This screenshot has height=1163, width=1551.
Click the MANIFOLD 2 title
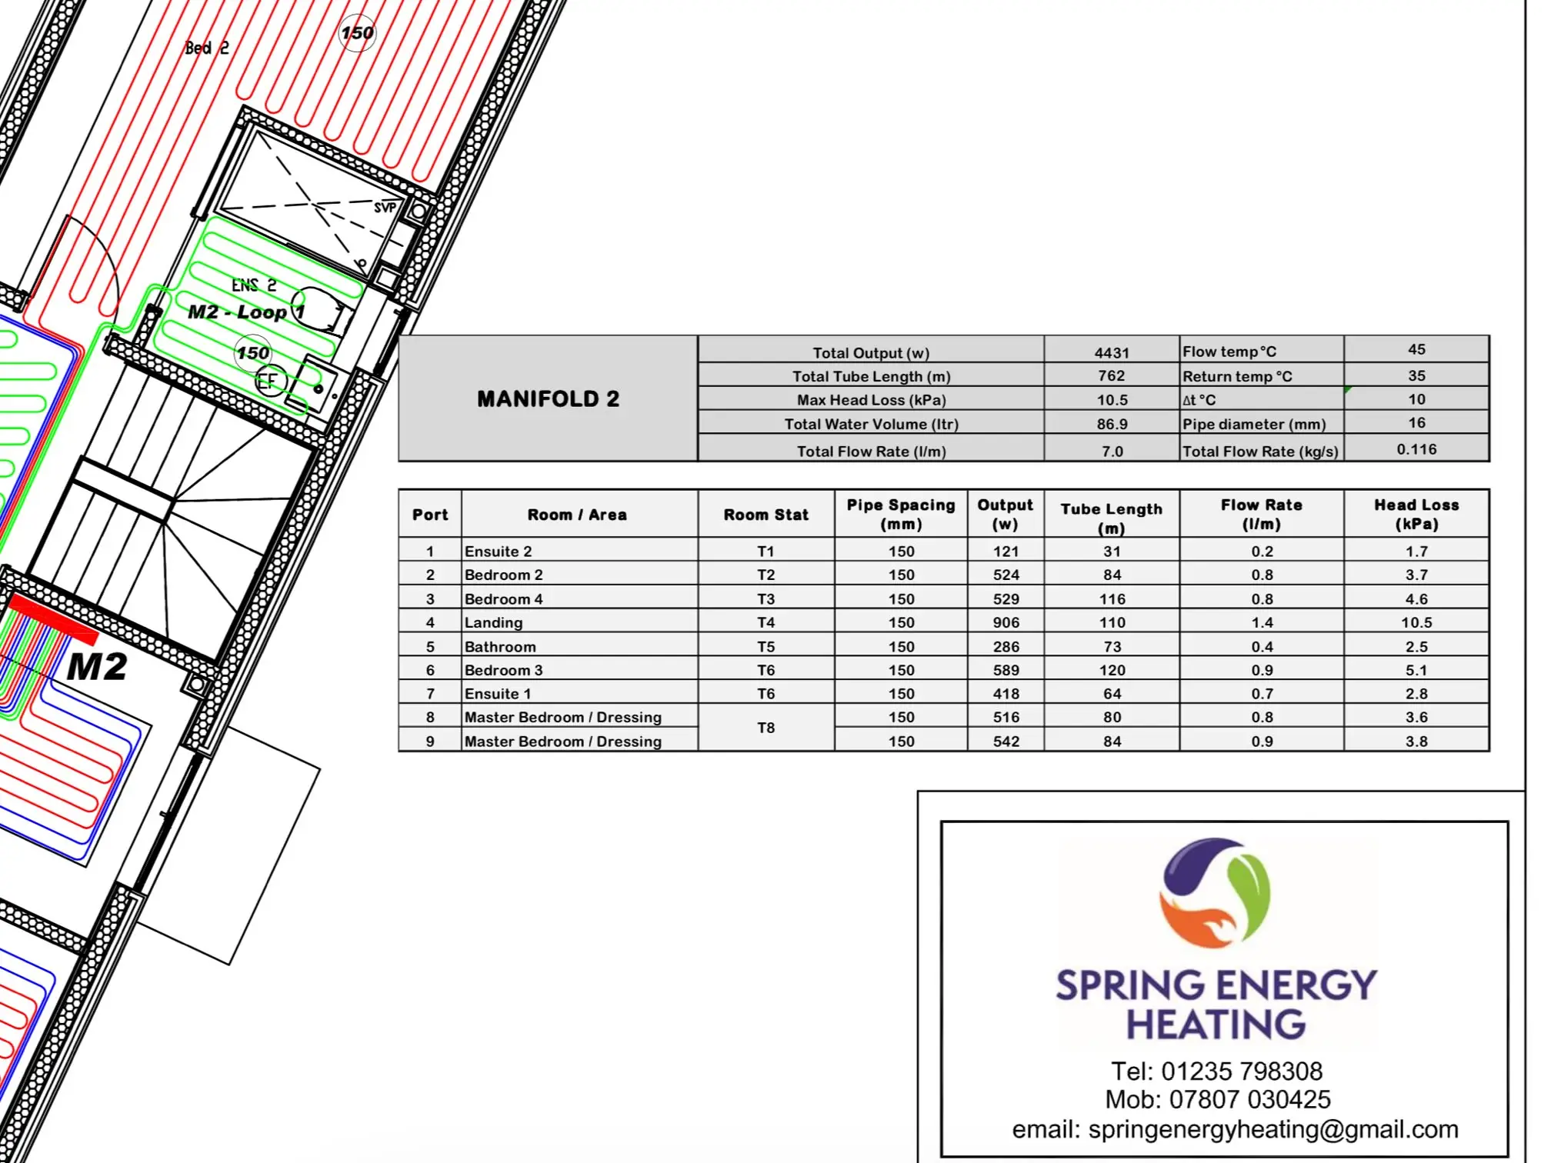click(548, 398)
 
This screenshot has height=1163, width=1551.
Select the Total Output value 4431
click(1112, 352)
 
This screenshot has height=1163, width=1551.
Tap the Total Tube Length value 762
click(1112, 375)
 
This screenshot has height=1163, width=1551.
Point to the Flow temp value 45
click(1416, 349)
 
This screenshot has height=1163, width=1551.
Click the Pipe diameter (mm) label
click(1254, 424)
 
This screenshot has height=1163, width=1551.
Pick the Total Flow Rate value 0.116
click(1416, 449)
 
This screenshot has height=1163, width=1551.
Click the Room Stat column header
click(765, 515)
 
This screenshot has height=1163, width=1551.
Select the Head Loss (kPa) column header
click(1416, 514)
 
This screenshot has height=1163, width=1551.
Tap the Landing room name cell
click(493, 622)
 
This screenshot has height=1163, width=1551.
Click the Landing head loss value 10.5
click(1416, 622)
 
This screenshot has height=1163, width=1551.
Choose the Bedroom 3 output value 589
click(1006, 670)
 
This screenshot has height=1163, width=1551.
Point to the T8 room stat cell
click(765, 728)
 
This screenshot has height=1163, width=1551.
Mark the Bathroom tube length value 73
click(1112, 646)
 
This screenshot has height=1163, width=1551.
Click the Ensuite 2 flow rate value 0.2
click(1262, 551)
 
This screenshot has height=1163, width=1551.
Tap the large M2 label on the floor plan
click(97, 667)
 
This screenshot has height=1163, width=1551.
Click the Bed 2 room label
click(207, 48)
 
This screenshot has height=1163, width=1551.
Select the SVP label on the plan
click(385, 208)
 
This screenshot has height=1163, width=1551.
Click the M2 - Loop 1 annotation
click(247, 312)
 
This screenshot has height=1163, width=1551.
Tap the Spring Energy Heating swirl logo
click(1216, 892)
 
